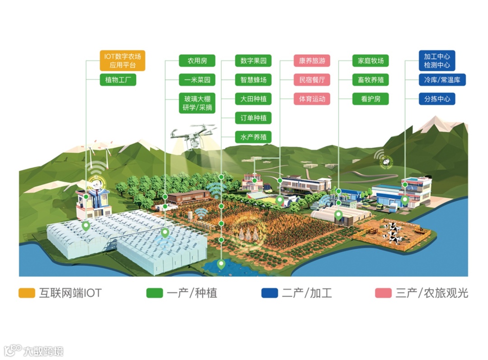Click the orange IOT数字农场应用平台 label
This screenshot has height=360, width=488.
pos(122,61)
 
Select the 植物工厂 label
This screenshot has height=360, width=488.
pos(117,80)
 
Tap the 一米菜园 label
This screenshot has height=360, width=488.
pos(197,80)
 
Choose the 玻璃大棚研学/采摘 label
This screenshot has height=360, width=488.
pos(197,103)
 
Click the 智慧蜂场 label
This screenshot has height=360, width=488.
pos(253,80)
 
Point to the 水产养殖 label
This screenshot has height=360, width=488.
pos(253,137)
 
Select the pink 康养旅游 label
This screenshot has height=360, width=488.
pos(312,61)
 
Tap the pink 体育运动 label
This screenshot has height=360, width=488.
pos(312,99)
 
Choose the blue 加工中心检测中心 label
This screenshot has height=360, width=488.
pos(437,61)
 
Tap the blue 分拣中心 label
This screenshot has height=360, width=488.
pos(437,99)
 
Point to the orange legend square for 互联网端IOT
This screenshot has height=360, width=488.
pos(27,293)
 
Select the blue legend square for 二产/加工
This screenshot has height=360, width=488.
pos(269,293)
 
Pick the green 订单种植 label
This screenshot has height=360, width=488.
pos(253,118)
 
